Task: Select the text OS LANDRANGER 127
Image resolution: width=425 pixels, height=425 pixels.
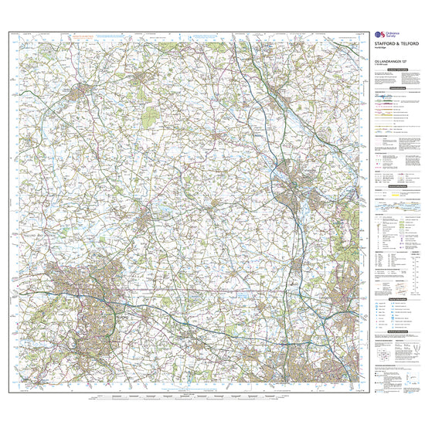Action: point(389,61)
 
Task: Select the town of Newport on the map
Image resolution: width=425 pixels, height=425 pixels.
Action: point(144,223)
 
